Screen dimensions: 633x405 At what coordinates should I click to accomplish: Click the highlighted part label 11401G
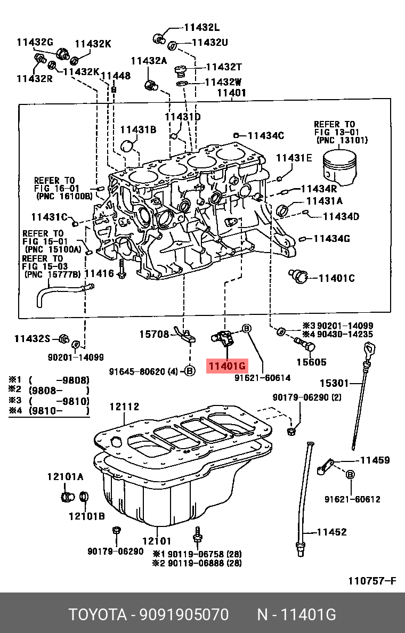226,366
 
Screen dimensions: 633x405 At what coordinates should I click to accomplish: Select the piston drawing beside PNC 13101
340,166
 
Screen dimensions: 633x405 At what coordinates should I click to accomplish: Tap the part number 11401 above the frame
231,92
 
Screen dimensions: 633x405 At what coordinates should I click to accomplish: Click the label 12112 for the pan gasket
124,407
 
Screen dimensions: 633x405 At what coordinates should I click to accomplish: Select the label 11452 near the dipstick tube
331,532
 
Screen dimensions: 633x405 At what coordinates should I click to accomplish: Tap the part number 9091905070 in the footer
184,615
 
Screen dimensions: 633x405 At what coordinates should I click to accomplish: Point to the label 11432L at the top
202,28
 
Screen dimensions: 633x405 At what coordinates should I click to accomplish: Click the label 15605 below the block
312,362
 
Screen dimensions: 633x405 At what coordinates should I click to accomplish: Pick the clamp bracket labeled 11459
324,467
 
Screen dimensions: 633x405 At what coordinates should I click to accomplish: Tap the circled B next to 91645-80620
190,371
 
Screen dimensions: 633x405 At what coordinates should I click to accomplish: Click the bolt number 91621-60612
352,499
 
